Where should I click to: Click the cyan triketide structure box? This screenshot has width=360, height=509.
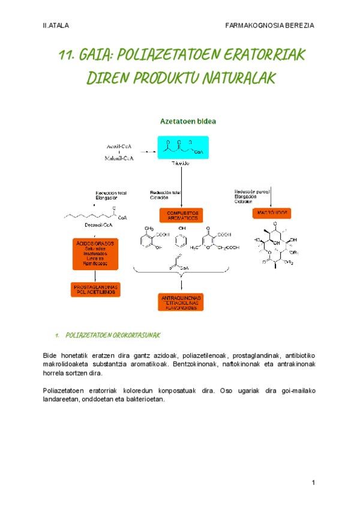[x=181, y=148]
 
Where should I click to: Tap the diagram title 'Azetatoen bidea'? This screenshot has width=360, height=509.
[x=188, y=121]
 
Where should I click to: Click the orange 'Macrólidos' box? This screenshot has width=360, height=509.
[x=271, y=212]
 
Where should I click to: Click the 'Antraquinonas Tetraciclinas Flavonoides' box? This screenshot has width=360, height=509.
[x=181, y=302]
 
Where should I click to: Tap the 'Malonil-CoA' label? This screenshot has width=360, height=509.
[x=119, y=158]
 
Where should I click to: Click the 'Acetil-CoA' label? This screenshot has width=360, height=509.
[x=119, y=146]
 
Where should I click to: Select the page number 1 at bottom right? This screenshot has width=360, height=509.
[x=313, y=483]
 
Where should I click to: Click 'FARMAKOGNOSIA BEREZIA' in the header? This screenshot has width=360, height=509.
[x=269, y=25]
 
